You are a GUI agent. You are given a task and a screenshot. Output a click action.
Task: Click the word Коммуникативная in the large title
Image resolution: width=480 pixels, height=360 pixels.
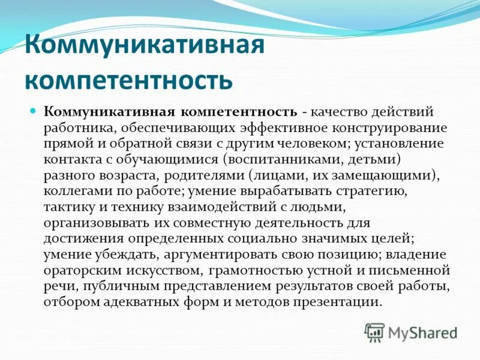coord(144,47)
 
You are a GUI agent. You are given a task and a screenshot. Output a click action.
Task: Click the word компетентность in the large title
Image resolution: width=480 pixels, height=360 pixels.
coord(127,80)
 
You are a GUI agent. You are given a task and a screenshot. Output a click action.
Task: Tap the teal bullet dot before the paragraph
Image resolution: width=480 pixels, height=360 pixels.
coord(51,111)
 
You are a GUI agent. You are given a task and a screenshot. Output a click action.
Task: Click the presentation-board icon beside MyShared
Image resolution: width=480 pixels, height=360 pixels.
coord(374,332)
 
